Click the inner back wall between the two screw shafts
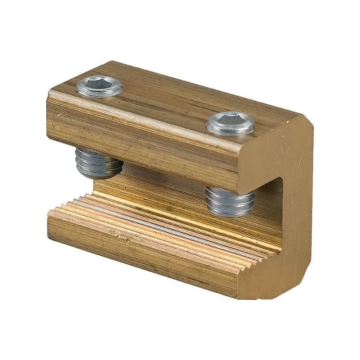click(x=168, y=185)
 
